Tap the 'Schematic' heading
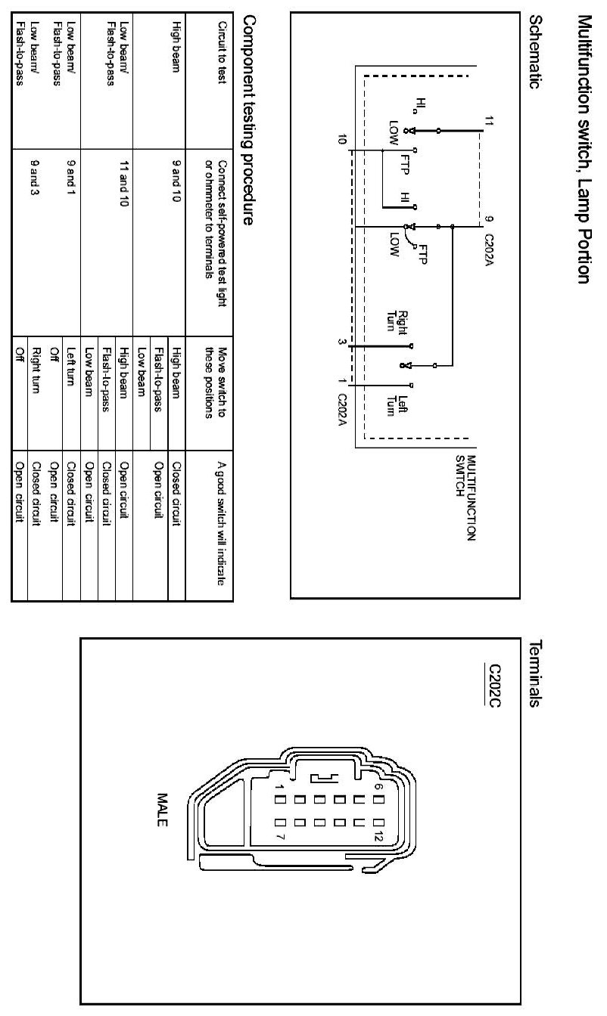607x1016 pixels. (537, 53)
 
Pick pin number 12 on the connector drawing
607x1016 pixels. (374, 837)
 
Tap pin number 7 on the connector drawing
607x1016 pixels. (280, 838)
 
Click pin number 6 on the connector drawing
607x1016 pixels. (377, 786)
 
